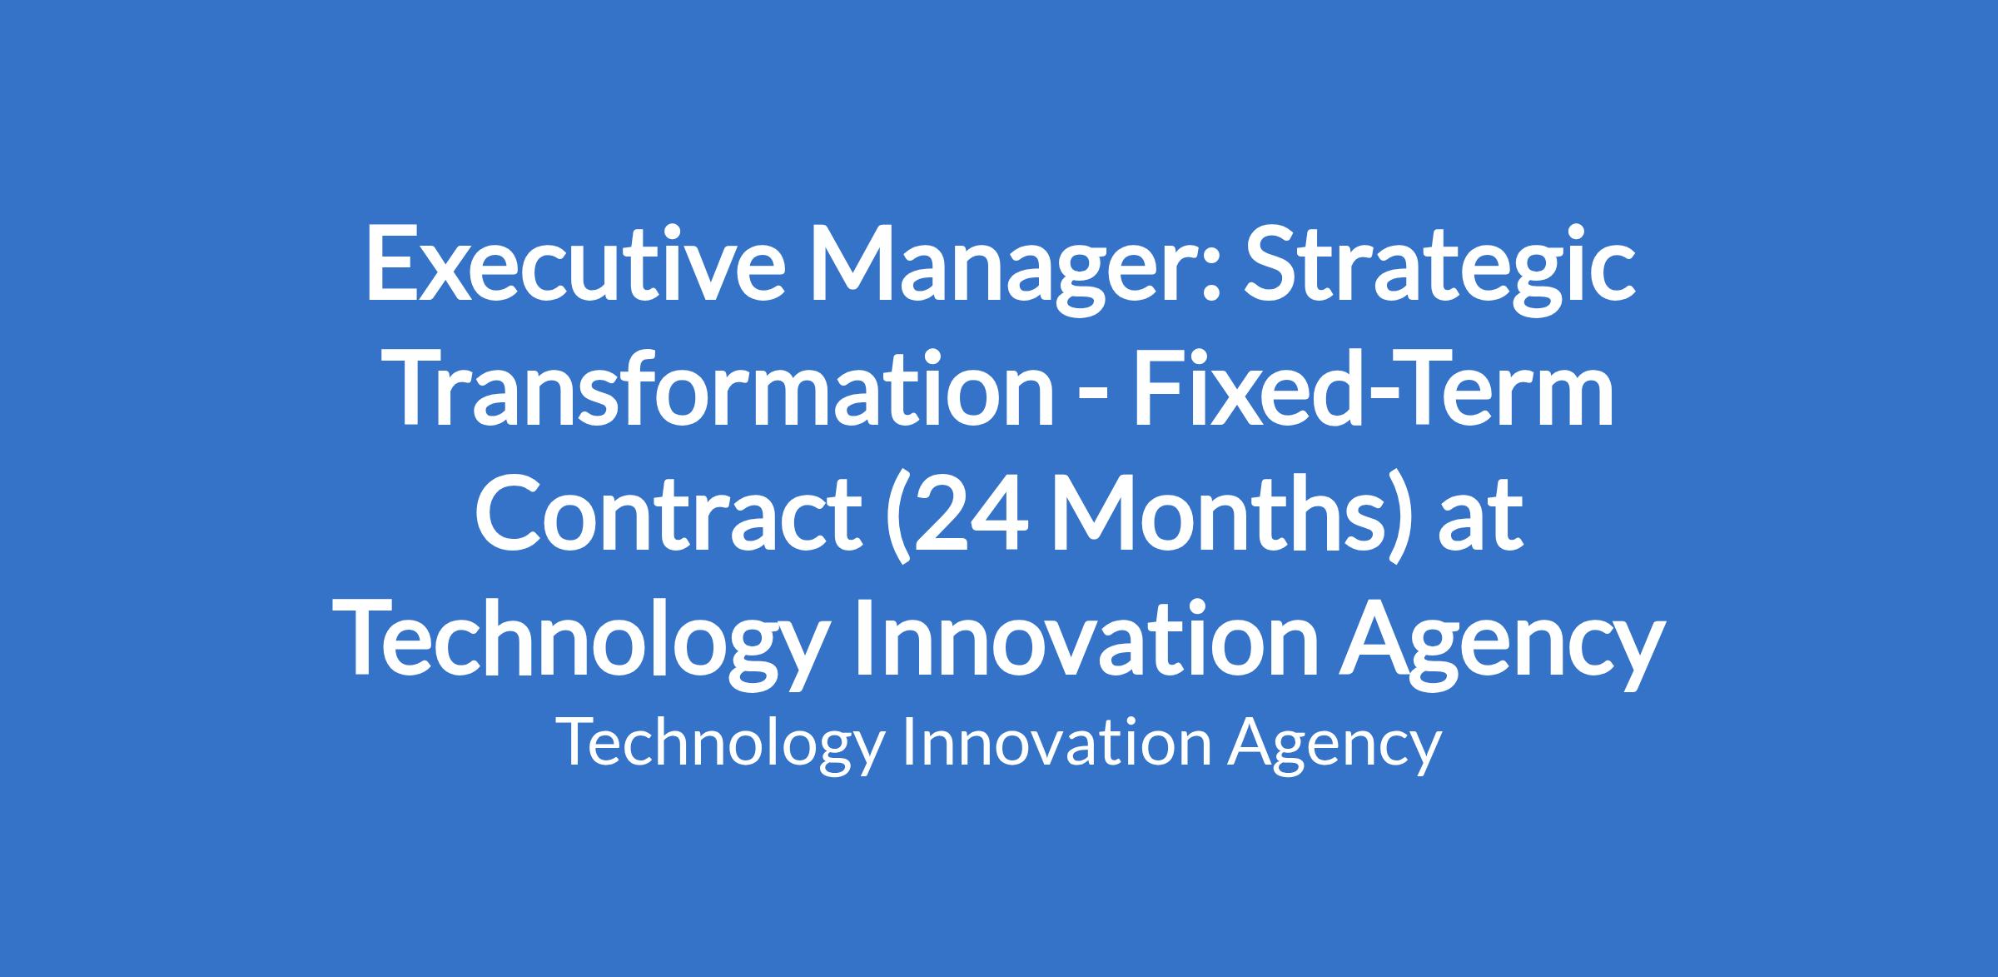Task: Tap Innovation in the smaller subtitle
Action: click(x=1056, y=741)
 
